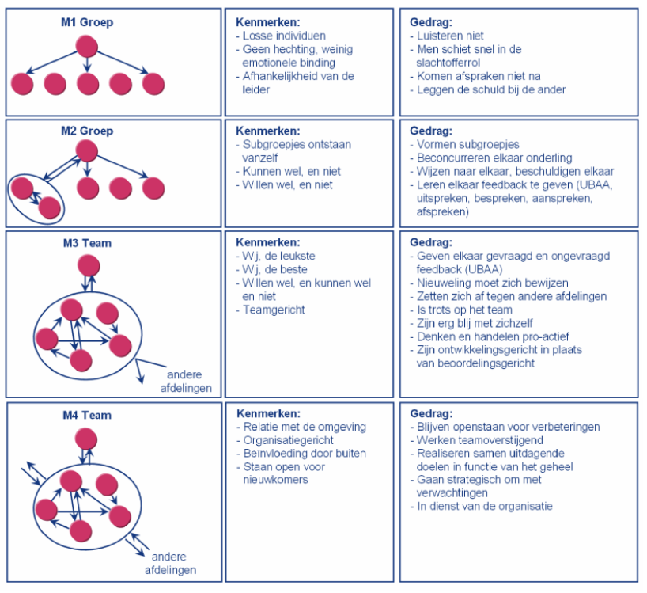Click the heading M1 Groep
pos(87,22)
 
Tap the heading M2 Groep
pos(87,131)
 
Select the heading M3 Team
pos(87,243)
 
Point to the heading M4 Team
pos(87,415)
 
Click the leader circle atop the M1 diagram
pos(86,44)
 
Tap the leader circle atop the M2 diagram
pos(86,150)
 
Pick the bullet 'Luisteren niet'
pos(450,36)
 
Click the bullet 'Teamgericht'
pos(274,310)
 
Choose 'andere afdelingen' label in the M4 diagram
pos(170,562)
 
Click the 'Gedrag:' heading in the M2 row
pos(431,131)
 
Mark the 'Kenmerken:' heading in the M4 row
pos(268,413)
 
